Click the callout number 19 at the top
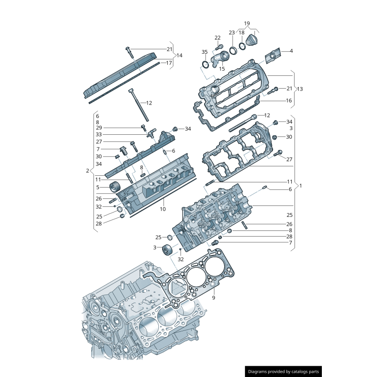(246, 23)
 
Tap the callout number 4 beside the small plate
(291, 50)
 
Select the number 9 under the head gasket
(213, 298)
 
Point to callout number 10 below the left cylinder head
(163, 209)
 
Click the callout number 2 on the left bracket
(87, 171)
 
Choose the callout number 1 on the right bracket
(300, 185)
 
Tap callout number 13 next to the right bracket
(300, 89)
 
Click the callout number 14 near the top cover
(179, 55)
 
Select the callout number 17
(169, 62)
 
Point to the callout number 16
(289, 100)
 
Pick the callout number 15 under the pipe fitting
(221, 69)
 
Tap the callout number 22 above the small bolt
(217, 38)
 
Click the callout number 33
(98, 135)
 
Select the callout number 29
(98, 128)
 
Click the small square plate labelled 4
(272, 57)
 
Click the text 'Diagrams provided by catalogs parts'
(284, 371)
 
